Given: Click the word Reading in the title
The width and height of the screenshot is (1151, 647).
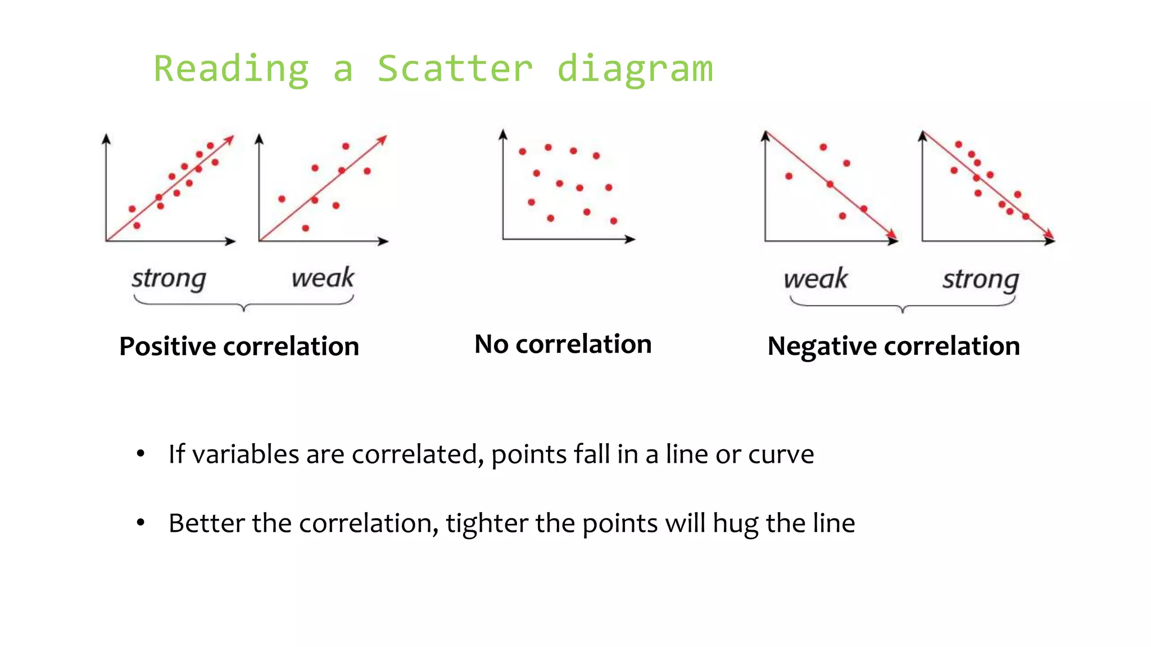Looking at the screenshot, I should click(231, 69).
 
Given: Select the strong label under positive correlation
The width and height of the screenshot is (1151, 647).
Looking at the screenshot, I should click(169, 279).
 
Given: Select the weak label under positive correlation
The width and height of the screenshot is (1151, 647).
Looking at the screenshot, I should click(323, 277).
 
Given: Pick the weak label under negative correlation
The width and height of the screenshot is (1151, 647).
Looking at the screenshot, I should click(815, 279).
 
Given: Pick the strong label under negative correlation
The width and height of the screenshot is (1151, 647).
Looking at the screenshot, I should click(981, 280).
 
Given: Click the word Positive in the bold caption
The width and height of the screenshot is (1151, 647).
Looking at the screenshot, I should click(167, 346).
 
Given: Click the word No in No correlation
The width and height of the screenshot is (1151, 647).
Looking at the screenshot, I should click(491, 344).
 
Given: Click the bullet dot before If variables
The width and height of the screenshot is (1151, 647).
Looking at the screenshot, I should click(141, 454).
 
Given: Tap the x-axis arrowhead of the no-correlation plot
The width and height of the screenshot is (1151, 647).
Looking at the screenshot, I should click(631, 239).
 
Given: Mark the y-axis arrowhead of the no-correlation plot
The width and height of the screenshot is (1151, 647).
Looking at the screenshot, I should click(503, 134).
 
